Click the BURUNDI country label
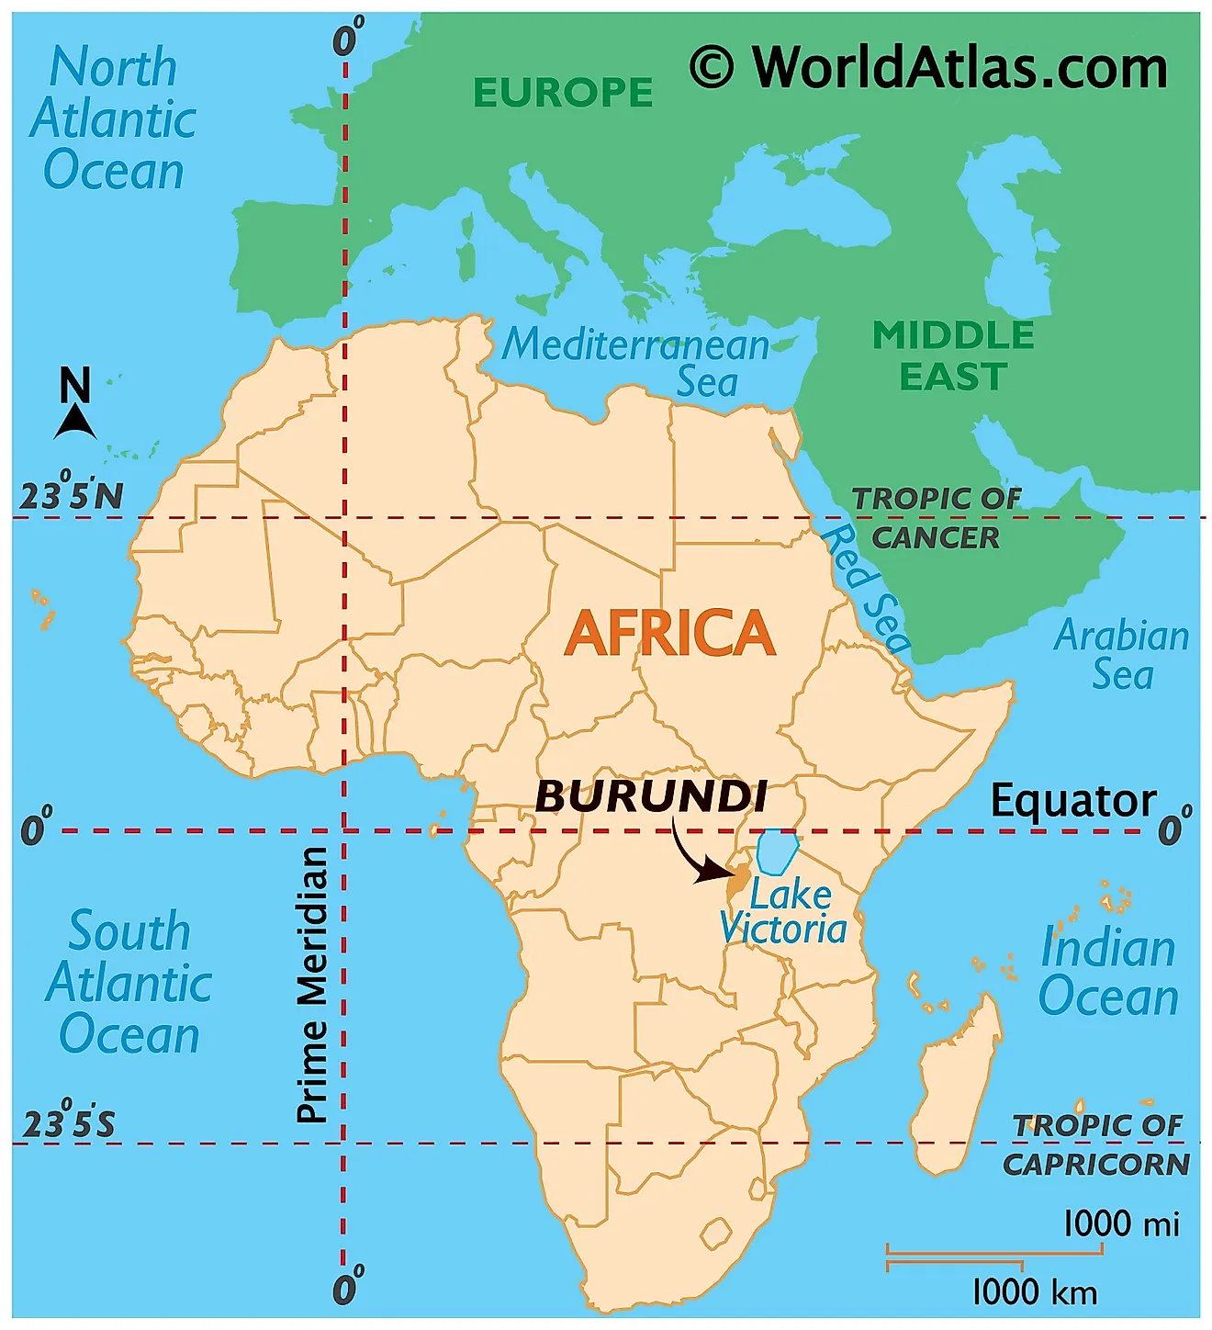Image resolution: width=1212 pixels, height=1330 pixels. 651,796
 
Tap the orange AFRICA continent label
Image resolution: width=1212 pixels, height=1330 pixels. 670,633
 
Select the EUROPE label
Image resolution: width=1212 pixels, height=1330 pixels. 563,93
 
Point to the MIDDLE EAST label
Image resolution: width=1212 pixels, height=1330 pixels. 953,356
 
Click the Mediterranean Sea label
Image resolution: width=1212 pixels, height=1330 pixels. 635,361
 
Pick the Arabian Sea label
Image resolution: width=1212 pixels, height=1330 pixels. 1121,654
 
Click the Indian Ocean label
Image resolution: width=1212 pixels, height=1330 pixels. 1108,972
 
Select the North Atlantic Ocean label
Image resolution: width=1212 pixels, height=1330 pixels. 113,119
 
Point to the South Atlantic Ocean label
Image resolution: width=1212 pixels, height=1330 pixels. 129,983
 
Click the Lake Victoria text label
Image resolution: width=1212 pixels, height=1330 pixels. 785,912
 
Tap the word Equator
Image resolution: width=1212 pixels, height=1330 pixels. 1072,801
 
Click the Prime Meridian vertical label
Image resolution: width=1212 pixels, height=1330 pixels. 312,985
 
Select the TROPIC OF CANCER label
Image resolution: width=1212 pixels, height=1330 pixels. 936,517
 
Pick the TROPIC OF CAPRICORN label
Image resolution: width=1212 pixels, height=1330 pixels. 1097,1144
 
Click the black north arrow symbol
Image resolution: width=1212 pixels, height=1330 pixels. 76,423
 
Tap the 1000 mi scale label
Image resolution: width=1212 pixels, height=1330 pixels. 1120,1223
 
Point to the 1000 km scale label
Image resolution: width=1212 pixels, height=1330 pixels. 1034,1291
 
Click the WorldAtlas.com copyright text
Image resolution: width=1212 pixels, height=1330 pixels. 928,67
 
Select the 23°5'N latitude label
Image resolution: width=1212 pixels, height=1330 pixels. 71,496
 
